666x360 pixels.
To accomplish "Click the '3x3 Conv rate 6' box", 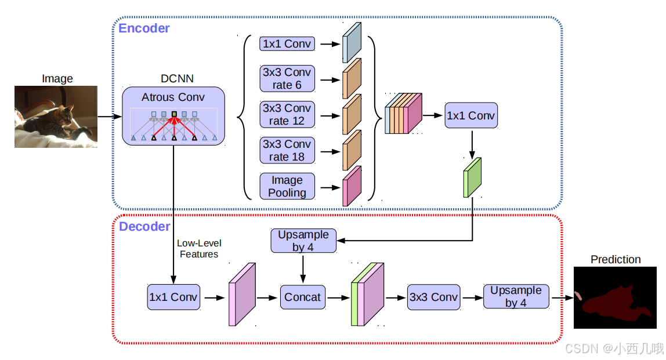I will tap(287, 79).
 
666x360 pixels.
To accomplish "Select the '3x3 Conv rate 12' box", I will tap(287, 115).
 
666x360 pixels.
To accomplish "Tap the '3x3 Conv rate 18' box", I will tap(287, 151).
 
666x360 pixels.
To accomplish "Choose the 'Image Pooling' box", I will tap(287, 186).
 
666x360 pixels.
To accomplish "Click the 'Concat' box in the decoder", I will tap(302, 297).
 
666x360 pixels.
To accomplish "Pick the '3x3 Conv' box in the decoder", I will tap(433, 297).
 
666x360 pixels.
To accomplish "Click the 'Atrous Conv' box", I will tap(173, 116).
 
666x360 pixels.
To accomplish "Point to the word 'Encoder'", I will tap(144, 28).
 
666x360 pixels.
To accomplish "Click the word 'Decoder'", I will tap(144, 227).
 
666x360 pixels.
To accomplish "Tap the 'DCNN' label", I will tap(177, 78).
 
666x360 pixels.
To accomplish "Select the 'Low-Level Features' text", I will tap(199, 249).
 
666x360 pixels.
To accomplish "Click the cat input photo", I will tap(56, 117).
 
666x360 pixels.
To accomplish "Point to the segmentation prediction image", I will tap(615, 298).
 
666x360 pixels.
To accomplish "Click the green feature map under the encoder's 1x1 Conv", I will tap(472, 177).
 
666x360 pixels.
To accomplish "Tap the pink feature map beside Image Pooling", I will tap(352, 186).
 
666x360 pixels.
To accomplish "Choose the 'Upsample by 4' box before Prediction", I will tap(516, 297).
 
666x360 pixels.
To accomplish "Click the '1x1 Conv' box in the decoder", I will tap(173, 297).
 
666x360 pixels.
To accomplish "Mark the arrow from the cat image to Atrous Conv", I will tap(110, 117).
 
